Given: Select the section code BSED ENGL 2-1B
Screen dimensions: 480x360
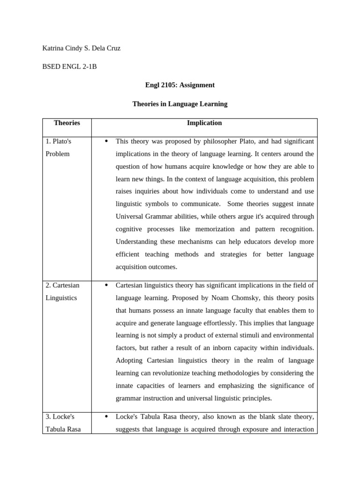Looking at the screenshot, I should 69,67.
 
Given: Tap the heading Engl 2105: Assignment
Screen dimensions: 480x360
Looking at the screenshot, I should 180,85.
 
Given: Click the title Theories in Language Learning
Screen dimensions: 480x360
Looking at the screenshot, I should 180,104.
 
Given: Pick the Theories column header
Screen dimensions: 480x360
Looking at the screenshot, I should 67,123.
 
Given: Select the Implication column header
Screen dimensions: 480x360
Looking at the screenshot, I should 204,123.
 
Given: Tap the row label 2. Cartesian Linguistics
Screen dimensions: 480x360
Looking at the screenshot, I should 62,291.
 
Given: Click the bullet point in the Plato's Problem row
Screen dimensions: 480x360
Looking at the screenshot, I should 107,141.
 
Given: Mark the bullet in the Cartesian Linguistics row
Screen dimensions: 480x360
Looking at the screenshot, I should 107,285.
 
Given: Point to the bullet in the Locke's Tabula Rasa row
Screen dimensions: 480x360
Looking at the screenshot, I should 107,416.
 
